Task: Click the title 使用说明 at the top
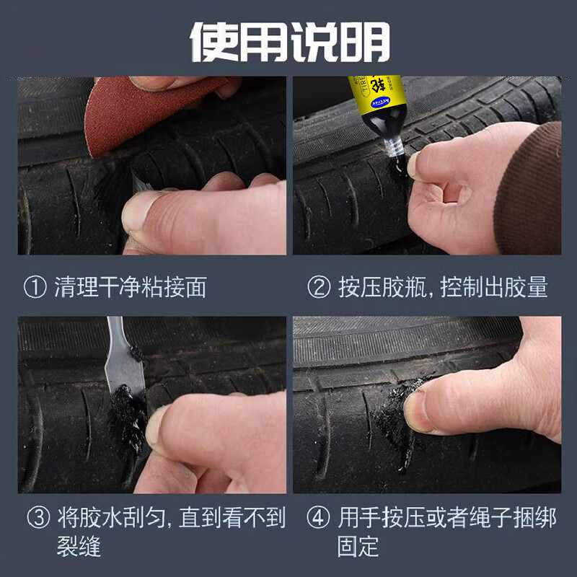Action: click(x=288, y=41)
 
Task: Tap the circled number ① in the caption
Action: click(x=36, y=287)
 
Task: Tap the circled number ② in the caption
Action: click(x=320, y=287)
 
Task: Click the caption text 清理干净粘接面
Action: click(x=131, y=287)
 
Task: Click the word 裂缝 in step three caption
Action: click(x=79, y=546)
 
